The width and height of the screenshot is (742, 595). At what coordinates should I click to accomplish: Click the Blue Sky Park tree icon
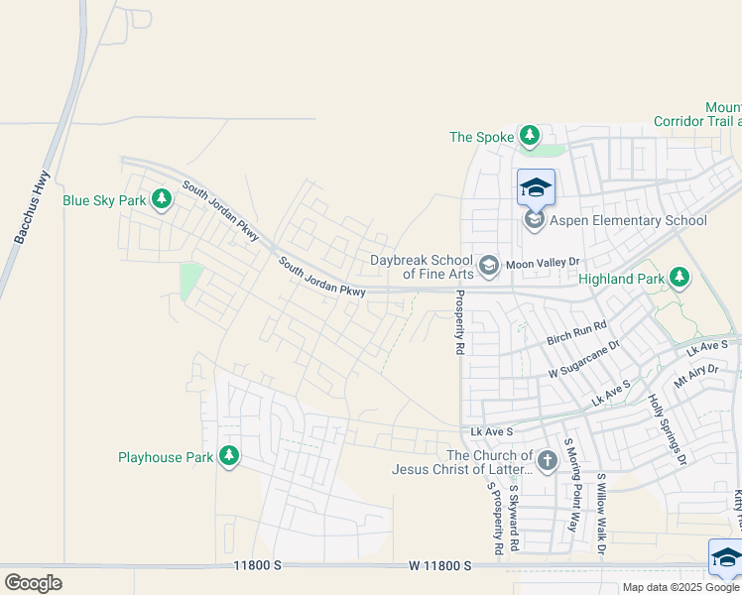coord(162,200)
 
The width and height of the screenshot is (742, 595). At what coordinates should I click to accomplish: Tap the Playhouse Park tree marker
coord(229,457)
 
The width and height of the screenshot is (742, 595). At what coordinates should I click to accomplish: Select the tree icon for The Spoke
coord(530,136)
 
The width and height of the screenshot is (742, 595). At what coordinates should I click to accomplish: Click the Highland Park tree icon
coord(680,279)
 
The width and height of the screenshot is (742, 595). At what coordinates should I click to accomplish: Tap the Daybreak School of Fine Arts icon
coord(488,265)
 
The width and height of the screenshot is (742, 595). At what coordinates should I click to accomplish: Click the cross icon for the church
coord(547,461)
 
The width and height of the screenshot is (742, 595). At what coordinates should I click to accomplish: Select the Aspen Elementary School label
coord(628,220)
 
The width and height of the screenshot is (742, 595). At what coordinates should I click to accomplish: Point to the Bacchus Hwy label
coord(32,207)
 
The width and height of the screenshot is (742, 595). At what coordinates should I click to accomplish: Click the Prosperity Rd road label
coord(459,322)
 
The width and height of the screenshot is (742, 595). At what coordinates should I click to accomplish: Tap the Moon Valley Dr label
coord(542,264)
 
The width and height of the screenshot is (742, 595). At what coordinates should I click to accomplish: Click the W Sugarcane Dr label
coord(583,360)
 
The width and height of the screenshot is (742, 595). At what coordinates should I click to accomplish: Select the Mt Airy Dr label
coord(695,375)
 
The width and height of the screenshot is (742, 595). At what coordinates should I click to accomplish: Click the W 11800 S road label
coord(438,565)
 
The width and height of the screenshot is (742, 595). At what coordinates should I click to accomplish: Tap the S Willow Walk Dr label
coord(600,511)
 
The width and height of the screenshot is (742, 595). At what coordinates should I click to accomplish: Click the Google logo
coord(33,582)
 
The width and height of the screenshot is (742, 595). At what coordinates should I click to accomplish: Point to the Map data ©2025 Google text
coord(680,587)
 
